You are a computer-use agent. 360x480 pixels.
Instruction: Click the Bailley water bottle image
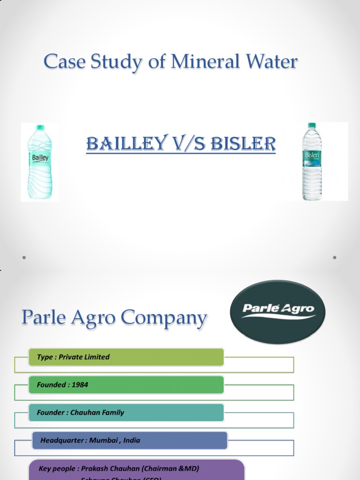tap(39, 163)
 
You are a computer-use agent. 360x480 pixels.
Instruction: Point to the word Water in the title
tap(271, 62)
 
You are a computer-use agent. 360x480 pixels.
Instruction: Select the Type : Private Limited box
tap(126, 357)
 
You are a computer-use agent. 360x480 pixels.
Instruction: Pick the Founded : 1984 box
tap(126, 385)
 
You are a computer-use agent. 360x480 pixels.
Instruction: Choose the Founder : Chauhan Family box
tap(126, 412)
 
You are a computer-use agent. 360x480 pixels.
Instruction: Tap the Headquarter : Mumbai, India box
tap(129, 441)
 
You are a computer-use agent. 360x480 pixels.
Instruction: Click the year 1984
tap(80, 385)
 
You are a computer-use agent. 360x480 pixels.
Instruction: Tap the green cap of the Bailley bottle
tap(40, 127)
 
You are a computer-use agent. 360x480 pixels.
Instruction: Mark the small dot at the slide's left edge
tap(23, 257)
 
